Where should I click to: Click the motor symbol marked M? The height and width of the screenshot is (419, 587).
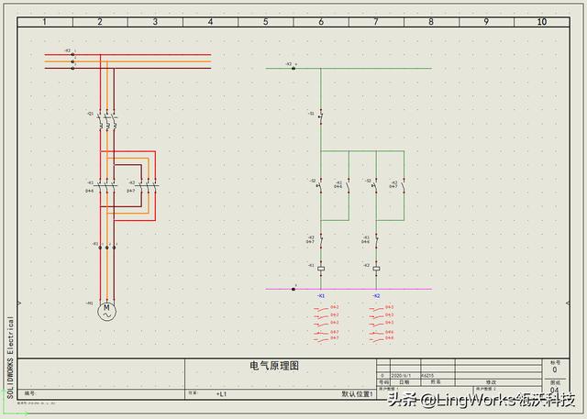[x=107, y=312]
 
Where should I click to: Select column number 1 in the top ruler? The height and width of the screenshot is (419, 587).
[x=44, y=21]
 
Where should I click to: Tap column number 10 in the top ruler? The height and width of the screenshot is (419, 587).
[x=541, y=21]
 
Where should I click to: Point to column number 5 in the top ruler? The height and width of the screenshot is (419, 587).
[x=266, y=21]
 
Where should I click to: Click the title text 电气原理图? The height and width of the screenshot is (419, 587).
[x=274, y=366]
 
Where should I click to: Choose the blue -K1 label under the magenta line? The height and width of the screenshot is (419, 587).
[x=321, y=296]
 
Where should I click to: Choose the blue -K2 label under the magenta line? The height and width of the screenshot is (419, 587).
[x=376, y=296]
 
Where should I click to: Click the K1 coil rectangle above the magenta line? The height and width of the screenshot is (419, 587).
[x=321, y=269]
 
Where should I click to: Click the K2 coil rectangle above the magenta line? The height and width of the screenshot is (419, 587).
[x=376, y=269]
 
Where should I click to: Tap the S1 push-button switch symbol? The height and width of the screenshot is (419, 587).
[x=320, y=116]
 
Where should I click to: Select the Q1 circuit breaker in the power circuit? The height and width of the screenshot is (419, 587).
[x=106, y=116]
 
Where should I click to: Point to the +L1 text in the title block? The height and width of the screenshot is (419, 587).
[x=221, y=394]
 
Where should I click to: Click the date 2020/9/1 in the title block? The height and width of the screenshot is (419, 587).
[x=403, y=376]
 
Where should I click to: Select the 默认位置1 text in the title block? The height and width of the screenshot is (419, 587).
[x=357, y=394]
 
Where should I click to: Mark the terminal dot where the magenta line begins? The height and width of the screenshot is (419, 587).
[x=293, y=289]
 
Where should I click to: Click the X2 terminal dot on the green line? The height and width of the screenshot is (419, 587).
[x=293, y=68]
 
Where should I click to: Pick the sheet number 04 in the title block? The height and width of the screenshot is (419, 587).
[x=553, y=390]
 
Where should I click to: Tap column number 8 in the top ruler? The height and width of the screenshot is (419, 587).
[x=431, y=21]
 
